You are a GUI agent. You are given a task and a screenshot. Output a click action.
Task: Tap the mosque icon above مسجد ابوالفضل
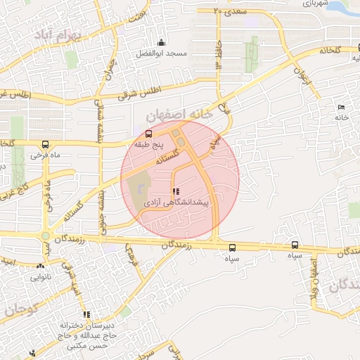tap(161, 42)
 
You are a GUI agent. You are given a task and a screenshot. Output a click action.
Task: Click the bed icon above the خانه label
tap(341, 107)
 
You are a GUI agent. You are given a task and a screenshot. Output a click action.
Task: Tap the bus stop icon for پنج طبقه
tap(148, 133)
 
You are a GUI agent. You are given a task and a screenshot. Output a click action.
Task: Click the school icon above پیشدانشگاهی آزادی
tap(175, 191)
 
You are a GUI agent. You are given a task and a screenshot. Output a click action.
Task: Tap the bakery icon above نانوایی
tap(40, 266)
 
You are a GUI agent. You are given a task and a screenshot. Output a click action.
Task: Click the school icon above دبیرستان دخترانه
tap(86, 314)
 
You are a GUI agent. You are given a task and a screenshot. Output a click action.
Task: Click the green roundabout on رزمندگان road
tap(46, 236)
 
